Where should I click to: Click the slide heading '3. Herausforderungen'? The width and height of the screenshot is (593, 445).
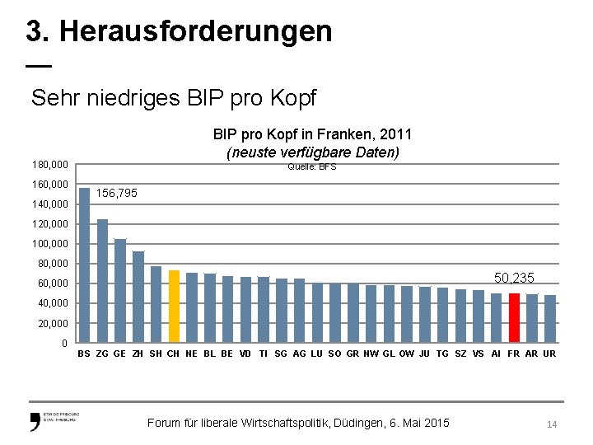(x=179, y=31)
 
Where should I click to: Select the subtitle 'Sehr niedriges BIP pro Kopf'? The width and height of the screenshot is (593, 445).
(x=173, y=99)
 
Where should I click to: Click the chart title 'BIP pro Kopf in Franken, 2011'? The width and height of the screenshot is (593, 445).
(x=312, y=133)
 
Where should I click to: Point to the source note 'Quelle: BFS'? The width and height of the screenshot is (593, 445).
(x=312, y=167)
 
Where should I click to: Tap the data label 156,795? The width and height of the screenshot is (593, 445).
(x=117, y=194)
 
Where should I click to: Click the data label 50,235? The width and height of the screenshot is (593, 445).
(x=514, y=279)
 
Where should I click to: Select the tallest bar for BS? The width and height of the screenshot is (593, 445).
(x=84, y=264)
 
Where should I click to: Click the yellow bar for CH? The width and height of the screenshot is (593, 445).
(x=174, y=306)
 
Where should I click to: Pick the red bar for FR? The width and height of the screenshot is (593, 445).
(x=514, y=317)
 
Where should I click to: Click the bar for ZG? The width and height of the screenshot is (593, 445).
(x=102, y=280)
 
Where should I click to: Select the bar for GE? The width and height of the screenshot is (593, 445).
(x=120, y=290)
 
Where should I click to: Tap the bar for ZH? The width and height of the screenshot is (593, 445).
(x=138, y=297)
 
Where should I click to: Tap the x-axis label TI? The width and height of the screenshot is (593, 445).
(x=263, y=354)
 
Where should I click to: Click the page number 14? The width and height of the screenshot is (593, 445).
(x=552, y=424)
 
